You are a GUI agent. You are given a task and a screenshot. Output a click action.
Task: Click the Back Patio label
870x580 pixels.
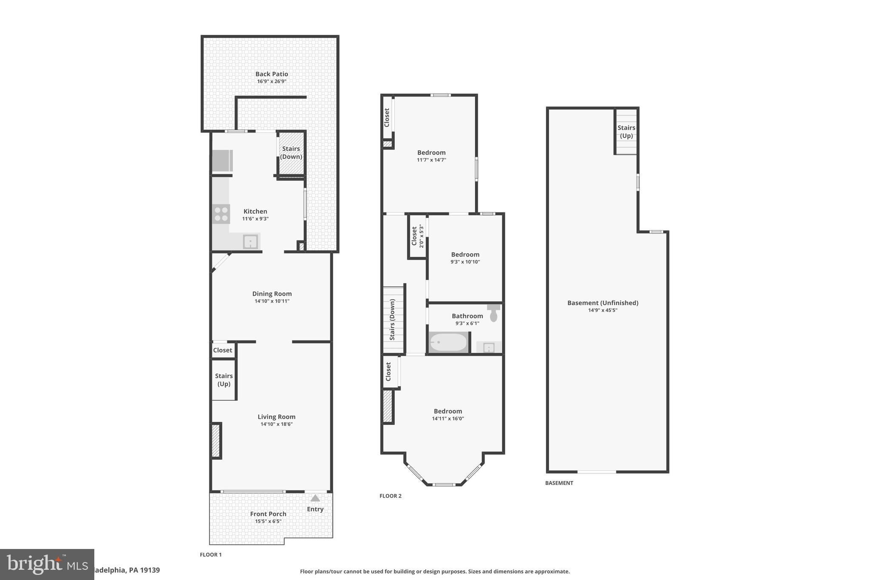pyautogui.click(x=271, y=74)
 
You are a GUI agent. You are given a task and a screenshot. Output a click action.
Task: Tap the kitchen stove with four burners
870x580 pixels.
pyautogui.click(x=221, y=214)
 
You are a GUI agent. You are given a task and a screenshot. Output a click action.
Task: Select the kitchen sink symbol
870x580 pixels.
pyautogui.click(x=251, y=242)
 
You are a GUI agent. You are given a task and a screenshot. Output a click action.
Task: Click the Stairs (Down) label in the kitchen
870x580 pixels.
pyautogui.click(x=291, y=153)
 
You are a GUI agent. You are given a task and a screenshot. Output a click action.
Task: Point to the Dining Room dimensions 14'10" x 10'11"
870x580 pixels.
pyautogui.click(x=272, y=301)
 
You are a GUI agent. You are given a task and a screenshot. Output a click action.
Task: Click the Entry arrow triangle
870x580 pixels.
pyautogui.click(x=315, y=498)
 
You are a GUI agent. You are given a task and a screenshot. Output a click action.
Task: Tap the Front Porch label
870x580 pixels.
pyautogui.click(x=268, y=514)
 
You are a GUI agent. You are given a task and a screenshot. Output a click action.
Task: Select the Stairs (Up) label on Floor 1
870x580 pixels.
pyautogui.click(x=223, y=380)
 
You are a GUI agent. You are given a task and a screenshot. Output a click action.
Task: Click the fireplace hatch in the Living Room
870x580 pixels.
pyautogui.click(x=216, y=441)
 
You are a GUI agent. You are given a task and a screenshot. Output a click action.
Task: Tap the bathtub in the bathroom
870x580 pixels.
pyautogui.click(x=448, y=342)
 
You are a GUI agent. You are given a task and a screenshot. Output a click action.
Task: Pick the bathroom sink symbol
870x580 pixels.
pyautogui.click(x=489, y=348)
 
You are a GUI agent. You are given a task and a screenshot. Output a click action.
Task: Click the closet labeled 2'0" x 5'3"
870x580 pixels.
pyautogui.click(x=417, y=236)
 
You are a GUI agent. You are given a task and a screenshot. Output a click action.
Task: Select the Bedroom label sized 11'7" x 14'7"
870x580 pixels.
pyautogui.click(x=431, y=153)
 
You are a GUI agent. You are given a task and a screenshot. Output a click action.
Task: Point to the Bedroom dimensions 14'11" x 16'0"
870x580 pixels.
pyautogui.click(x=448, y=419)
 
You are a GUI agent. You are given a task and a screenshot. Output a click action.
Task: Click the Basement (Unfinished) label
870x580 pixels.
pyautogui.click(x=602, y=303)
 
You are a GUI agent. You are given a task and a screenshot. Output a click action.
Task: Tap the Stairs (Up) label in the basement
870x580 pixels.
pyautogui.click(x=626, y=132)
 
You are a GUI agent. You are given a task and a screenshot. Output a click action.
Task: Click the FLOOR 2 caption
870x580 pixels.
pyautogui.click(x=390, y=496)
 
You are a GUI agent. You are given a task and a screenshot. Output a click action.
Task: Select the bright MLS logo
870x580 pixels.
pyautogui.click(x=47, y=564)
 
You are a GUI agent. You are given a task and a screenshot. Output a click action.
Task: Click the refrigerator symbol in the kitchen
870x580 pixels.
pyautogui.click(x=222, y=161)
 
